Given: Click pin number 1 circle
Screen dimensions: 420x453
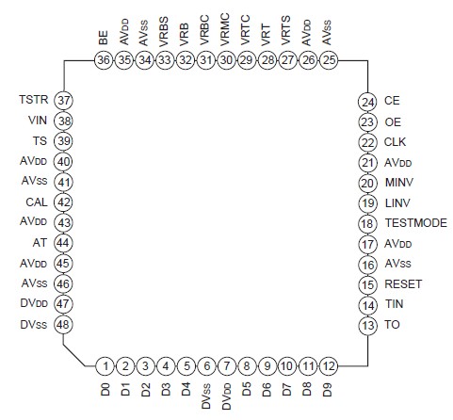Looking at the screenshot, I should click(105, 365).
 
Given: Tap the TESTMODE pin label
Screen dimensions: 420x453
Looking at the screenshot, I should click(415, 223).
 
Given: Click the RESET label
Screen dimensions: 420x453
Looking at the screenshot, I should click(403, 283).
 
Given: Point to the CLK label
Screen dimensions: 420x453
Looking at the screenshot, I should click(396, 141).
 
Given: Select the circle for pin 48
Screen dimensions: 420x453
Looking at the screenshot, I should click(64, 324).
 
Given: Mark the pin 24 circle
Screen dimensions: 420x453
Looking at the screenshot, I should click(366, 101).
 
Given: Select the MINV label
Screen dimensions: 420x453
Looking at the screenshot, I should click(399, 182).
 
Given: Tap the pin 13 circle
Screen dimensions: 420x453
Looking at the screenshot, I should click(366, 324).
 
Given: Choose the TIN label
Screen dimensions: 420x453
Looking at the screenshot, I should click(394, 304).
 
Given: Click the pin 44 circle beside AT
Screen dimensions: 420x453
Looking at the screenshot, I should click(64, 243).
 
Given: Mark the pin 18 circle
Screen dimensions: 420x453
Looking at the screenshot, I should click(366, 223).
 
